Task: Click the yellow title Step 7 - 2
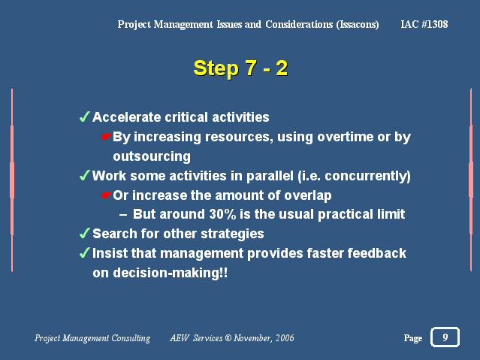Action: (x=240, y=68)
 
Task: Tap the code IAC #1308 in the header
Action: (x=424, y=24)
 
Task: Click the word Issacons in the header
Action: (x=358, y=25)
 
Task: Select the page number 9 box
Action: (x=445, y=337)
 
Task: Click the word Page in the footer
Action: (x=413, y=338)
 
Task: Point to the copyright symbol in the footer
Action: (x=228, y=338)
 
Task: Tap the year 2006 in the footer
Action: (x=285, y=338)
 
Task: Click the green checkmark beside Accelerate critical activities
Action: (x=84, y=116)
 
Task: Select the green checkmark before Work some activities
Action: (x=84, y=176)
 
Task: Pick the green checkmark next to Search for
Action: (x=84, y=233)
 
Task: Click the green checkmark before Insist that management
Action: (x=84, y=253)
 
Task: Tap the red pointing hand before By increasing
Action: (x=106, y=137)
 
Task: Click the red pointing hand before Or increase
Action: (x=106, y=195)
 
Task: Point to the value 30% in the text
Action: (x=222, y=214)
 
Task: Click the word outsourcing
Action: (x=152, y=156)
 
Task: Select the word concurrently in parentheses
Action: (x=366, y=176)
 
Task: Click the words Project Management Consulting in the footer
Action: (x=92, y=338)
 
